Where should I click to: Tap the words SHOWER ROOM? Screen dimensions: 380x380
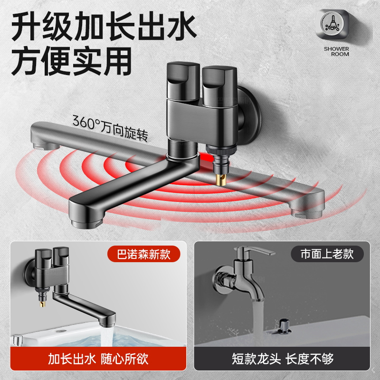tap(336, 51)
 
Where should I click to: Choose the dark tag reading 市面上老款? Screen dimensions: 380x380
tap(327, 254)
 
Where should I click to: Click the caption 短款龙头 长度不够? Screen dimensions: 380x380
tap(283, 358)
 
